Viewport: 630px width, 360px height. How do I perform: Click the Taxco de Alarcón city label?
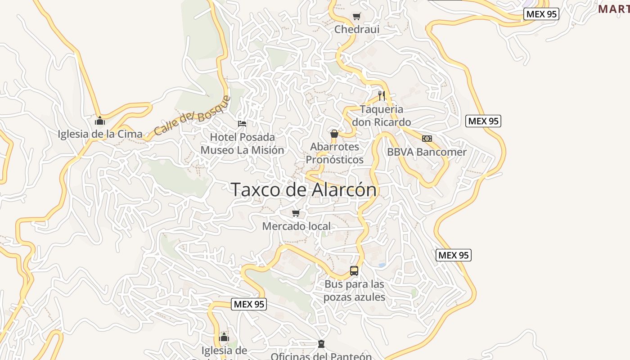point(304,189)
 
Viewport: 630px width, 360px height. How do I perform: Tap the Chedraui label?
point(357,29)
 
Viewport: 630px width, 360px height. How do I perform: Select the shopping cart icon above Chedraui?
point(357,17)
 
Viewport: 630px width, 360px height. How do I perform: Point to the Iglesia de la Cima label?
point(100,134)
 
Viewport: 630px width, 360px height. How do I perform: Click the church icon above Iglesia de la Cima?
point(100,121)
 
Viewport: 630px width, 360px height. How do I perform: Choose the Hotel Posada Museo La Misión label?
point(242,144)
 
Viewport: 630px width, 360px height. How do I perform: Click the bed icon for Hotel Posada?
point(242,123)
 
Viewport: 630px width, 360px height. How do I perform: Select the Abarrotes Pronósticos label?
point(335,153)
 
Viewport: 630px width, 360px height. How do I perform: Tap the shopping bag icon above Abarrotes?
point(334,134)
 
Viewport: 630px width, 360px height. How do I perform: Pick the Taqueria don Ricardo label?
point(382,116)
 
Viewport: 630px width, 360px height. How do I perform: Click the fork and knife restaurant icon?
point(382,95)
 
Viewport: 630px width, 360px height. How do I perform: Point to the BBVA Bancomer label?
point(427,152)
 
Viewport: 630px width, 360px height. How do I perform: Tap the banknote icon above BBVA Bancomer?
point(427,139)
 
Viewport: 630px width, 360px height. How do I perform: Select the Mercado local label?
point(296,226)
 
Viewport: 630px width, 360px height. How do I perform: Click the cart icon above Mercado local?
point(296,213)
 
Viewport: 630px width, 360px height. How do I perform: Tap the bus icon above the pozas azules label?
point(354,271)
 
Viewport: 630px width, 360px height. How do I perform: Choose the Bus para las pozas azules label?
point(355,291)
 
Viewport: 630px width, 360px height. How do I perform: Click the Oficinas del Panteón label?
point(321,356)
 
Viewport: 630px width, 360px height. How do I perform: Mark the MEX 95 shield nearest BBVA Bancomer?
point(483,121)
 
